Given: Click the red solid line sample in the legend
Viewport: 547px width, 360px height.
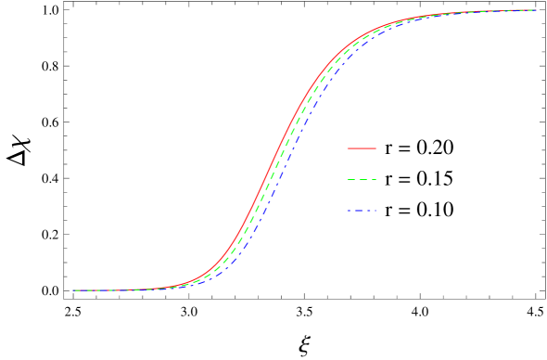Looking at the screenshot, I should tap(362, 148).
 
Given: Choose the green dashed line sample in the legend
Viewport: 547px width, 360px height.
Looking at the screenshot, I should tap(362, 179).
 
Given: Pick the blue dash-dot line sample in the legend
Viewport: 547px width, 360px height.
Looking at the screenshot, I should tap(362, 211).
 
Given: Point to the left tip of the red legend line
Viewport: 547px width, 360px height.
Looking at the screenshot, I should tap(347, 148).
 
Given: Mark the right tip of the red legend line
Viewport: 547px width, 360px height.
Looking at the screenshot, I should tap(376, 148).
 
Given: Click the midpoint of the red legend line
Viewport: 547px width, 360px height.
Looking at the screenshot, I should tap(362, 148).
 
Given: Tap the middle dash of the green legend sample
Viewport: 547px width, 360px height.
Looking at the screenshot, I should tap(363, 179).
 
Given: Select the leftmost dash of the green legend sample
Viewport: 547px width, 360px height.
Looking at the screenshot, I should tap(350, 179).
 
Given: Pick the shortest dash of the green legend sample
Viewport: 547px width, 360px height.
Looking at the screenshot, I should tap(374, 179).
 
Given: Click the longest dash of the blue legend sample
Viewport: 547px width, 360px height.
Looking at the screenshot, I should tap(359, 211).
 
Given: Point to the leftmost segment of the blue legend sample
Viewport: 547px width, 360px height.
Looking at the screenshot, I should tap(349, 211).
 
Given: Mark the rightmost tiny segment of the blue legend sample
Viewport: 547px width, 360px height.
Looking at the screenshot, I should tap(375, 211).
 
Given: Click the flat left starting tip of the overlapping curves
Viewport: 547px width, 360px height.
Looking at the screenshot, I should tap(74, 290).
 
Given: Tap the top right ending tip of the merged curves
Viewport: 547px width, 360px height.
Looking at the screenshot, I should tap(535, 10).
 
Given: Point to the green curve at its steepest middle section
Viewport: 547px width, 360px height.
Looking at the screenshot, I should tap(278, 165).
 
